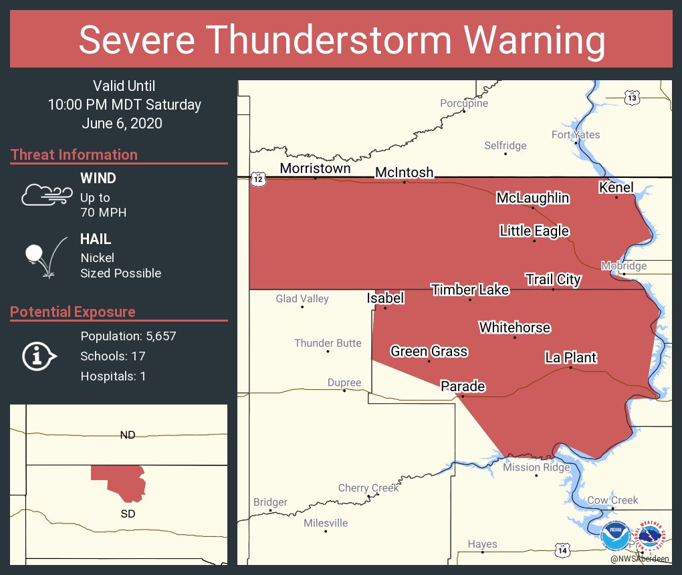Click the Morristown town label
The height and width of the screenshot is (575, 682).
[315, 168]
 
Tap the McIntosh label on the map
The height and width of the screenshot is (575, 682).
[404, 172]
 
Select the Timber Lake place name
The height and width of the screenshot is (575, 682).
[470, 290]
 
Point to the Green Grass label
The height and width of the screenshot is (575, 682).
[429, 351]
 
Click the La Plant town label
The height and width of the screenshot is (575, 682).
[570, 358]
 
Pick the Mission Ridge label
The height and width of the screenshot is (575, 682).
[536, 467]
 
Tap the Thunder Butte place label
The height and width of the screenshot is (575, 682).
[328, 343]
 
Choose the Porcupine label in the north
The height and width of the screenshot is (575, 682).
[464, 103]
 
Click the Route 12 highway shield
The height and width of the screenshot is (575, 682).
[259, 179]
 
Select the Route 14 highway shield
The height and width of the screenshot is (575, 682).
[562, 550]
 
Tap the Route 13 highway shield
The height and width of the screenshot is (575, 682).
[632, 98]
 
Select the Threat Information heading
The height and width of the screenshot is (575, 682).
[74, 154]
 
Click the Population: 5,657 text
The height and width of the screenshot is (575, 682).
[128, 336]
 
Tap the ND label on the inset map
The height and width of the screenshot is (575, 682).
[128, 435]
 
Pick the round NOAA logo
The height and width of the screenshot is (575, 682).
[614, 536]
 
